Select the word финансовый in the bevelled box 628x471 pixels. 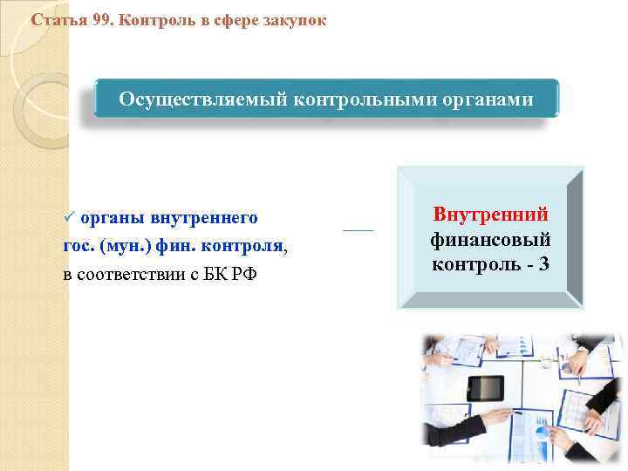coord(490,238)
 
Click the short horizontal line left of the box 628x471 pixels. coord(358,230)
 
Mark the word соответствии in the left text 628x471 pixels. coord(122,276)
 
